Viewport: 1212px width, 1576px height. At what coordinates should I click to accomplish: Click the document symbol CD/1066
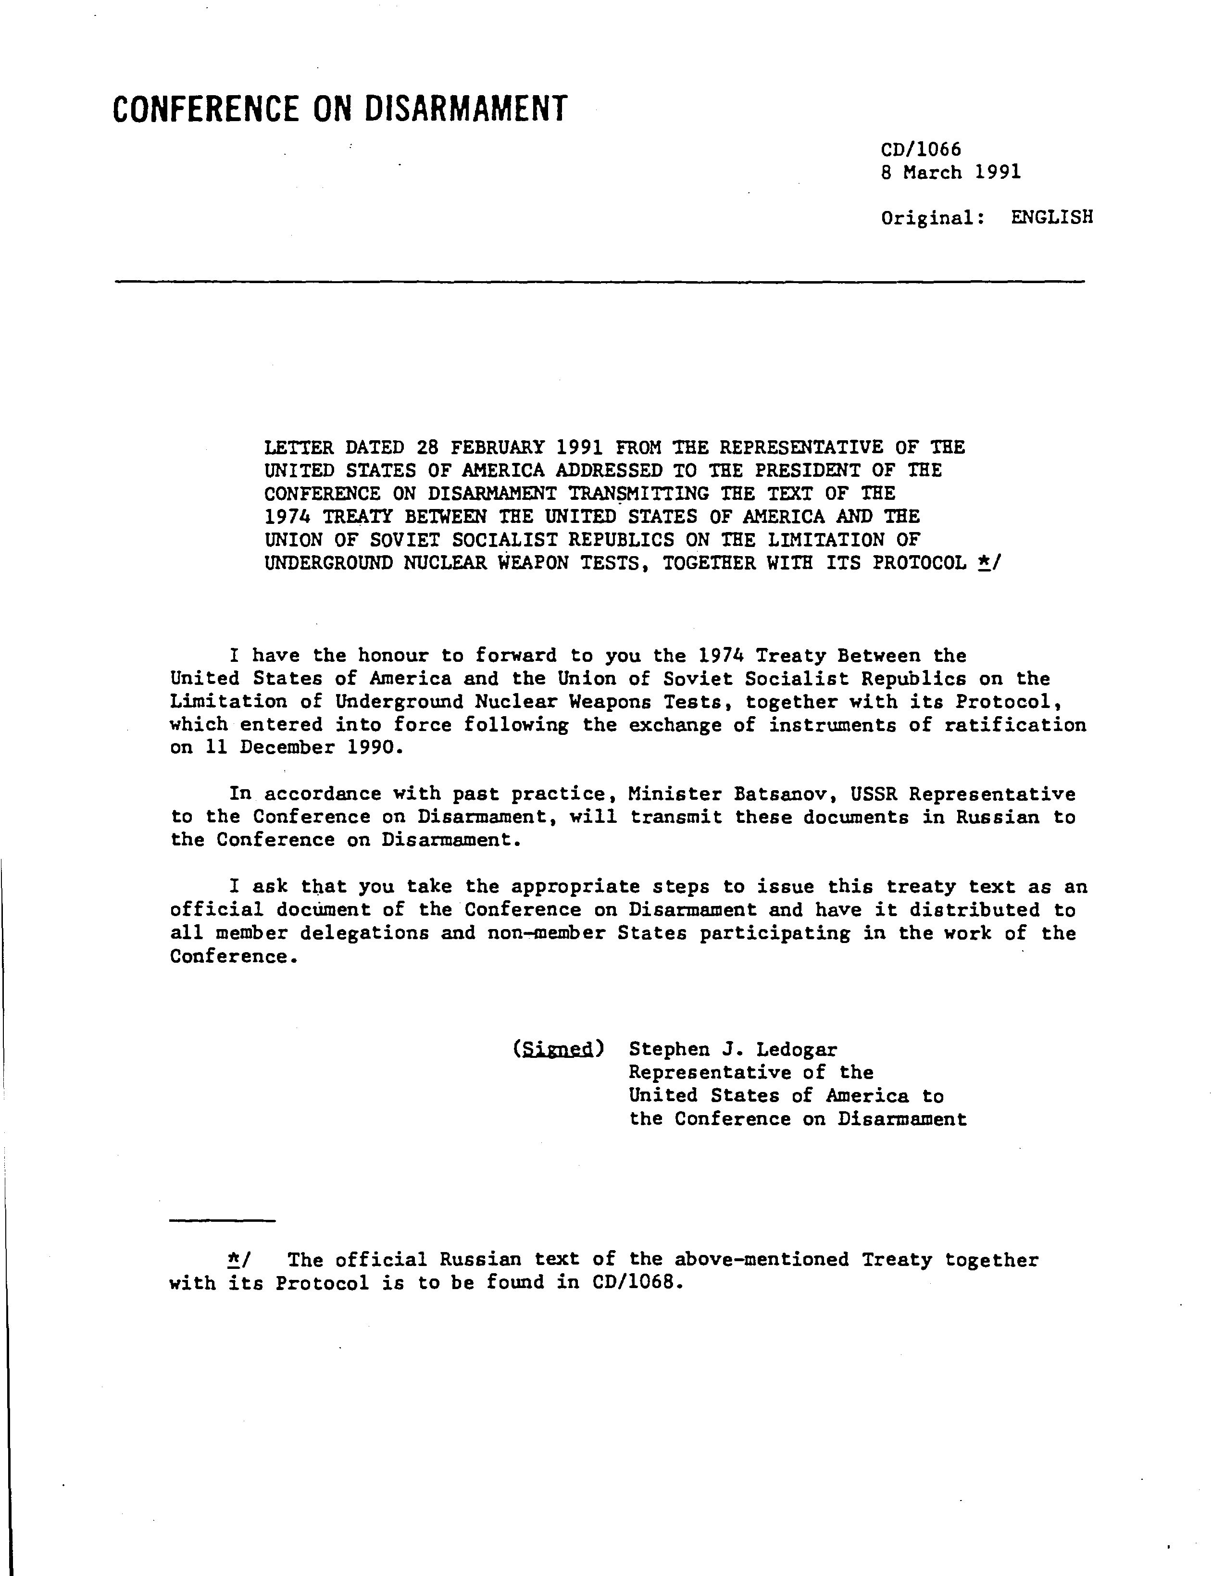click(x=921, y=149)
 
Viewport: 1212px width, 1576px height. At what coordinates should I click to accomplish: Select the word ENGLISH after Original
click(x=1052, y=217)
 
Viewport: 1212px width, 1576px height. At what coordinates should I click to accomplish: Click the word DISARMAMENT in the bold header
click(x=465, y=109)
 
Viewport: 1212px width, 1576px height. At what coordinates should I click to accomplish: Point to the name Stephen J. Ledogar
click(x=732, y=1049)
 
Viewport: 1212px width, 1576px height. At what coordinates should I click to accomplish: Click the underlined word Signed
click(x=558, y=1049)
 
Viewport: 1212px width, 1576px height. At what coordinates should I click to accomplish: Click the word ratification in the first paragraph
click(x=1015, y=725)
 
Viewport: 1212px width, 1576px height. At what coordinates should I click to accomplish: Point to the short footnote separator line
click(x=222, y=1220)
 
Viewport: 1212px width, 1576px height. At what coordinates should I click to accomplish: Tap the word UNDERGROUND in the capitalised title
click(x=328, y=563)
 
